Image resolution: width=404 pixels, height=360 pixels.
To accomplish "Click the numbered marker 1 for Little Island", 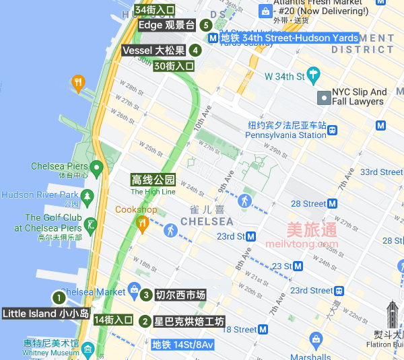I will point(59,297).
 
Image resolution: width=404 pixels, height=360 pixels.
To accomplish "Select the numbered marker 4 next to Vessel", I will point(195,50).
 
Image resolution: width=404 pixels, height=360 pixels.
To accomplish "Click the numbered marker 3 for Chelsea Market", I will point(146,294).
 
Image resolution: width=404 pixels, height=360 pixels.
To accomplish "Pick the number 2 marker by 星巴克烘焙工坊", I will point(145,321).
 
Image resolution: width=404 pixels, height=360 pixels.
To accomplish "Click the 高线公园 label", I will point(153,180).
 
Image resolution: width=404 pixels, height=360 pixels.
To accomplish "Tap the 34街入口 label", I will point(154,10).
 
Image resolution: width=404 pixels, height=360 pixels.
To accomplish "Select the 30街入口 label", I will point(174,66).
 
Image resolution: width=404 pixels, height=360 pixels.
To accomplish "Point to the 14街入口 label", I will point(113,320).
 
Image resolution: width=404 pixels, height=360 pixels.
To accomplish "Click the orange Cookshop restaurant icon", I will point(142,221).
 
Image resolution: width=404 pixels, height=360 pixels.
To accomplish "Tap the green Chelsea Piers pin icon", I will point(96,166).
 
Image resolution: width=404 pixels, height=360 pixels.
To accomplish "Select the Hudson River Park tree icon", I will point(86,196).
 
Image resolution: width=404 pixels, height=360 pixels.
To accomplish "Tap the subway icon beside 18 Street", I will point(263,330).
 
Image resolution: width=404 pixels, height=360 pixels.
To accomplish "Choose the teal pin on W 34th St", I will point(312,74).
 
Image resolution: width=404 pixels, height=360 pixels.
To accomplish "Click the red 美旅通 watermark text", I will point(312,229).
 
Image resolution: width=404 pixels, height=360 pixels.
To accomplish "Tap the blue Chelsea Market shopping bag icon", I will point(133,290).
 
